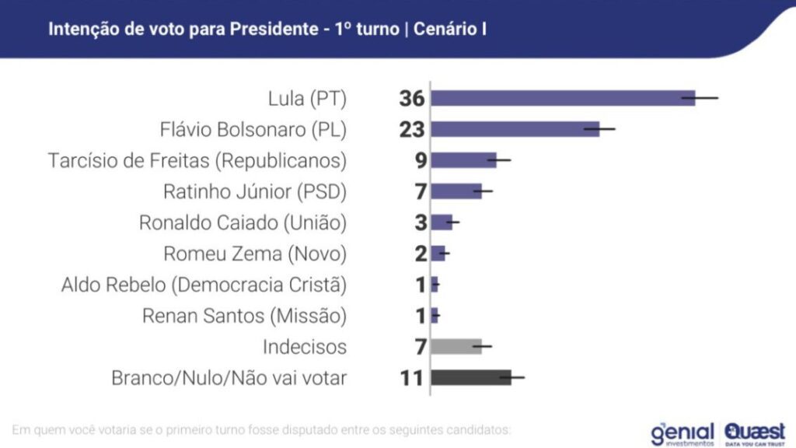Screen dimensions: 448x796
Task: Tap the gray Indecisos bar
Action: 456,346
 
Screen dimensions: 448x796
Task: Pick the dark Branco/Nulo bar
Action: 470,378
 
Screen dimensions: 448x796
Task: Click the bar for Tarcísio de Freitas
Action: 463,160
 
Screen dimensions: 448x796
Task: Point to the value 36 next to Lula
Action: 411,99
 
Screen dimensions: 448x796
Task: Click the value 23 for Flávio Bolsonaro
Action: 411,130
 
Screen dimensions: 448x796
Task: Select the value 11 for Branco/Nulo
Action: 411,379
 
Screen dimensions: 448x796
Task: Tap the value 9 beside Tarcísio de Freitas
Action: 419,161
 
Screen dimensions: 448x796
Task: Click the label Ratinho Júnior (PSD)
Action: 255,191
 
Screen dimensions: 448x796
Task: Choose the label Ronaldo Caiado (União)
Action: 243,222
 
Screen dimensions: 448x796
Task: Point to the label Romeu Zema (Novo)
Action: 255,254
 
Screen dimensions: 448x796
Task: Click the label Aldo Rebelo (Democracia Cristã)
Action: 204,285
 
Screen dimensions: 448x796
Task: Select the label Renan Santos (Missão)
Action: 244,316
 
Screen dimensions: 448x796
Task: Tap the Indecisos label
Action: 304,347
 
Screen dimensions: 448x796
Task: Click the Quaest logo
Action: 754,432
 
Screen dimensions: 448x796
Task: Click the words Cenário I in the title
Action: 451,30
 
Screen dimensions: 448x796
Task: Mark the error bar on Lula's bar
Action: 700,98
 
